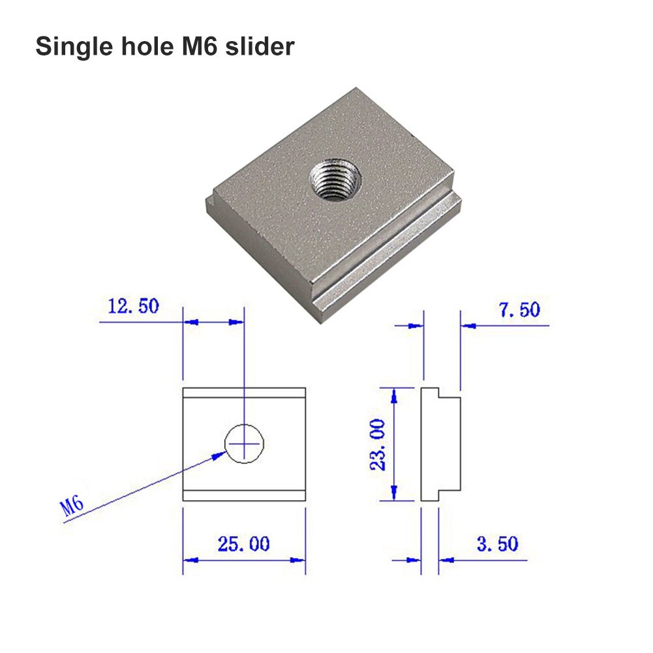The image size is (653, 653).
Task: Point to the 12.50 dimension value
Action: coord(133,307)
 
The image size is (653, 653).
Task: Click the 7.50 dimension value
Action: coord(519,310)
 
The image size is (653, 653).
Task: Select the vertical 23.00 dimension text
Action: coord(378,444)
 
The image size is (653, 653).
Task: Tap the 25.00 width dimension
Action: coord(243,543)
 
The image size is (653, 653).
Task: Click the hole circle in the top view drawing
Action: coord(245,444)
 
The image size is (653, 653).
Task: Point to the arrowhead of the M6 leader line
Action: coord(220,455)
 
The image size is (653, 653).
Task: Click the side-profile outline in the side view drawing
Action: coord(440,444)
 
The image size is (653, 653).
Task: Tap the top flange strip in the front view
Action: coord(244,393)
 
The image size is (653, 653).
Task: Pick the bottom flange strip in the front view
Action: coord(244,495)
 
